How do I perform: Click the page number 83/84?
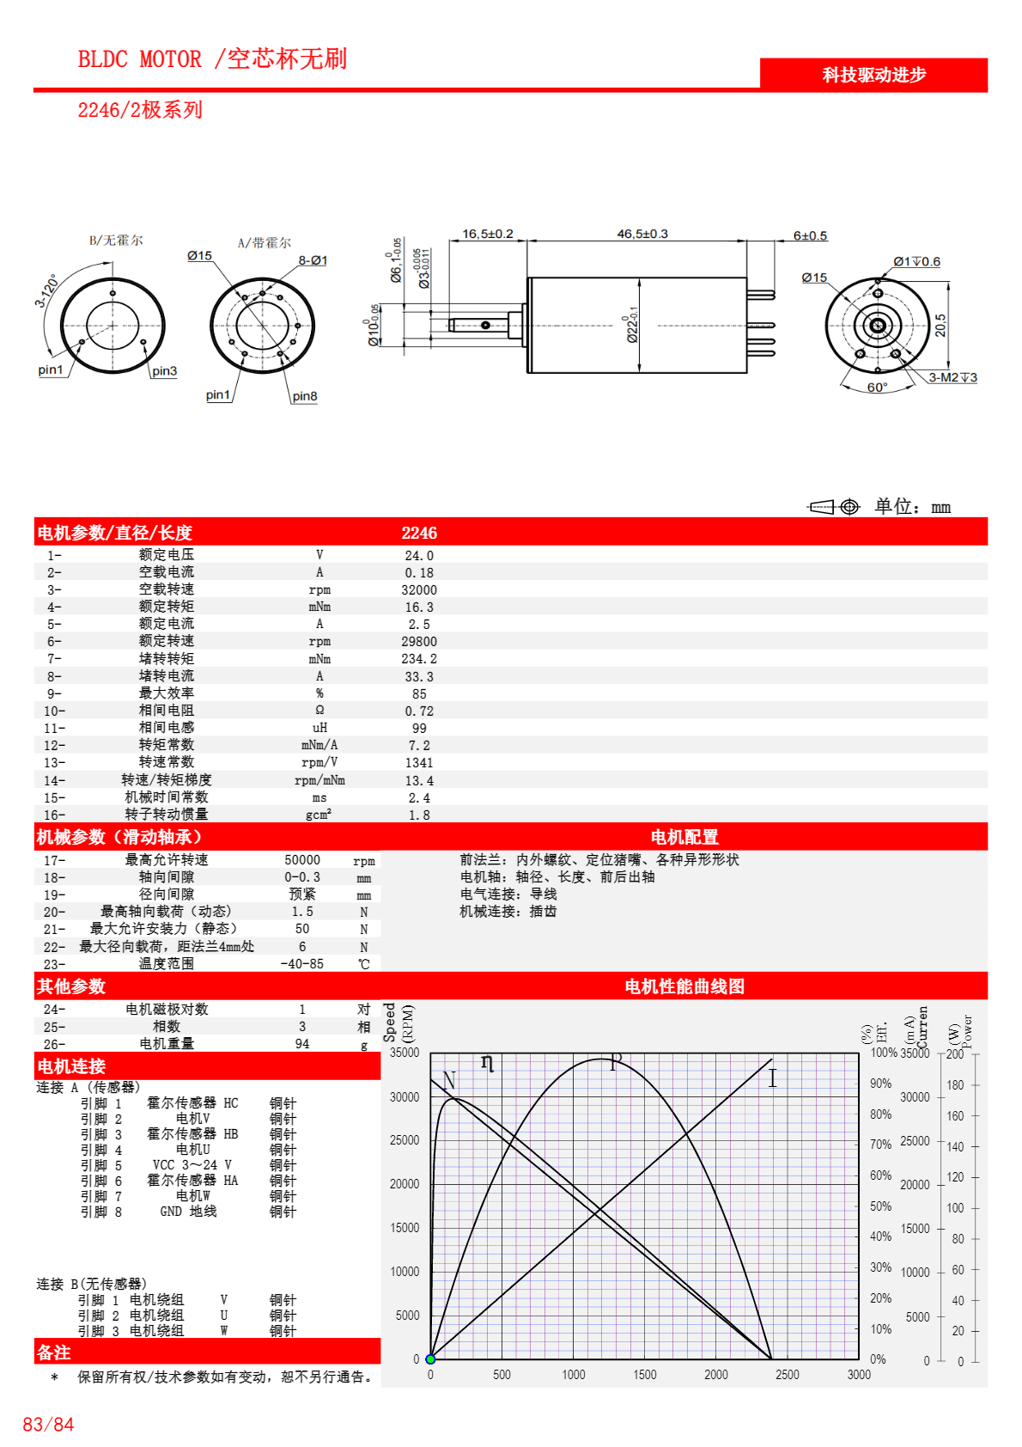(48, 1425)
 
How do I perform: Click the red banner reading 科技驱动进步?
(873, 75)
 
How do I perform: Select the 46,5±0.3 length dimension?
(642, 234)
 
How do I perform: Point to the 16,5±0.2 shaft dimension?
(487, 234)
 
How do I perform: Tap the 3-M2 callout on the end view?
(952, 377)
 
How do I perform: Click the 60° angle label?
(877, 388)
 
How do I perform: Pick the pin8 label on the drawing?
(304, 396)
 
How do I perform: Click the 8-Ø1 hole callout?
(313, 260)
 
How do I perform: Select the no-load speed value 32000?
(419, 590)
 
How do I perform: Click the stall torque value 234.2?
(419, 659)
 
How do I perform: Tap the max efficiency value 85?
(419, 693)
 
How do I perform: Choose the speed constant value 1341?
(419, 763)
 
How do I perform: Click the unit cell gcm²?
(319, 815)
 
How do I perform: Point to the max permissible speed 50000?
(302, 860)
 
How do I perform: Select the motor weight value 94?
(302, 1044)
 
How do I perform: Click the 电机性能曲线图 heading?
(684, 986)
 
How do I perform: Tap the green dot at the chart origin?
(430, 1359)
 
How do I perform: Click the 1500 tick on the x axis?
(645, 1375)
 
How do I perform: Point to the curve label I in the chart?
(772, 1078)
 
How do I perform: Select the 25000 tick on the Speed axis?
(405, 1140)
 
